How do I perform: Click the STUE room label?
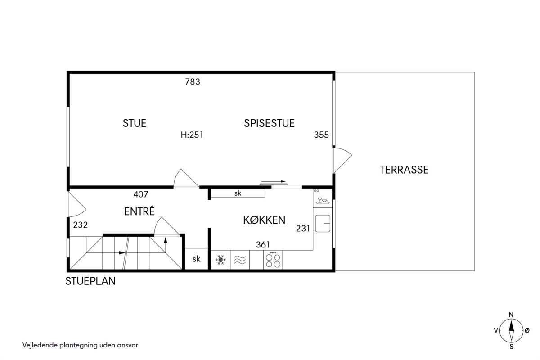click(x=135, y=123)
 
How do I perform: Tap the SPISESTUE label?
click(x=269, y=123)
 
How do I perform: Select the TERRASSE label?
click(x=404, y=170)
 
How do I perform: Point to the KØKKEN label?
click(x=264, y=220)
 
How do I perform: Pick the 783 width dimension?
click(x=193, y=82)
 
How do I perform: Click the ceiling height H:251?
click(x=192, y=135)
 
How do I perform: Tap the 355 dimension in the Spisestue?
click(x=321, y=135)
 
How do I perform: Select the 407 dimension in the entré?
click(x=141, y=194)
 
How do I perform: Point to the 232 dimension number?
click(x=80, y=225)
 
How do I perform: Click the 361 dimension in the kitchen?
click(x=263, y=245)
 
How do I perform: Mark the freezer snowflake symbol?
click(x=220, y=260)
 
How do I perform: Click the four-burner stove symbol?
click(x=273, y=260)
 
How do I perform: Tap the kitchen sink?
click(x=323, y=224)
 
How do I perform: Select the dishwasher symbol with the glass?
click(x=323, y=200)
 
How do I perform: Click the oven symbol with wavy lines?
click(x=240, y=260)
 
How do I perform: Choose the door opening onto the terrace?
click(x=342, y=160)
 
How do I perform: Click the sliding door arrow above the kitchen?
click(x=273, y=181)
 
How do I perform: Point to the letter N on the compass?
click(x=511, y=315)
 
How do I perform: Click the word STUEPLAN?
click(x=90, y=281)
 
